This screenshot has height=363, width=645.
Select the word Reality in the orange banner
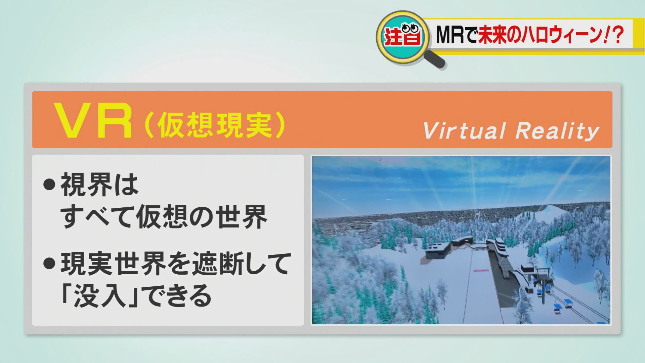pos(557,131)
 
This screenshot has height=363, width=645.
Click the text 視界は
pos(99,185)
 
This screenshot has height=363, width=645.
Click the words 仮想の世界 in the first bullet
pos(202,217)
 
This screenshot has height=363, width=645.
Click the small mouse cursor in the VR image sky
pos(380,159)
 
